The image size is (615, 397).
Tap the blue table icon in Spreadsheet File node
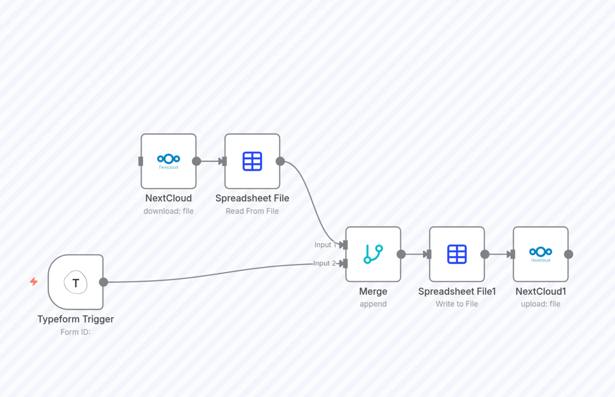coord(252,161)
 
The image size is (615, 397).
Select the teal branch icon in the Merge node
coord(373,254)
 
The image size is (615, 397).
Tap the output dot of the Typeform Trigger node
coord(103,282)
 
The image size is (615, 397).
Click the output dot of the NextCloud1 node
coord(569,254)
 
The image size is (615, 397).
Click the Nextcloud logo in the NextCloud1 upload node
coord(540,254)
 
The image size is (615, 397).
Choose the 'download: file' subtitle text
coord(168,211)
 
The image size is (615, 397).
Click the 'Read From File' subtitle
coord(252,211)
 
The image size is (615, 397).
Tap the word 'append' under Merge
coord(373,304)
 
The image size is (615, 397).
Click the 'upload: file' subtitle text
coord(540,304)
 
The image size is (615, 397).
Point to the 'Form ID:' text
coord(75,332)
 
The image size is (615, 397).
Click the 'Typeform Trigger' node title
coord(75,319)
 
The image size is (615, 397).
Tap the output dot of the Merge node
coord(401,254)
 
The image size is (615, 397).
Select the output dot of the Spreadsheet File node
coord(280,161)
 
